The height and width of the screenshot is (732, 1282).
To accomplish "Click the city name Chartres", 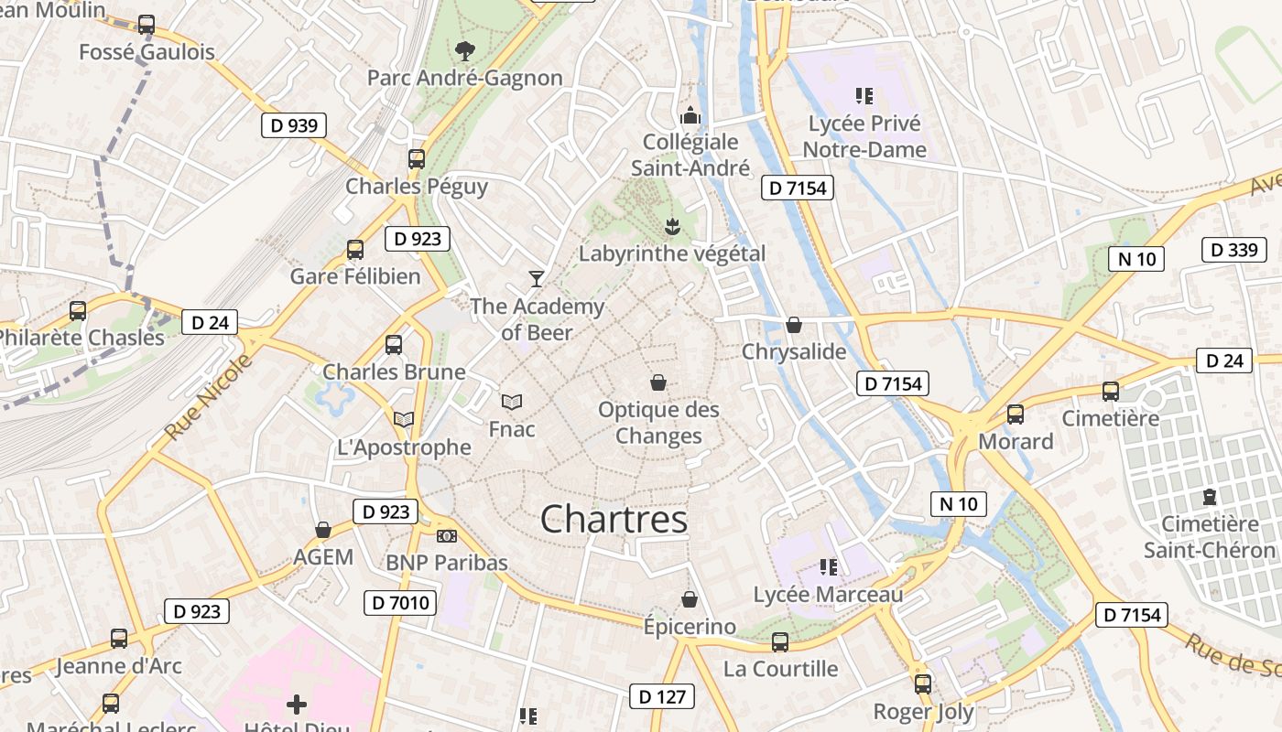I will tap(614, 520).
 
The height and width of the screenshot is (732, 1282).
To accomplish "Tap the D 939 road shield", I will tap(294, 125).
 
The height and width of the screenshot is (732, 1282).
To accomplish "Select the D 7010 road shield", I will tap(400, 603).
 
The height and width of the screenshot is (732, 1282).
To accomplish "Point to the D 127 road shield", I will tap(662, 696).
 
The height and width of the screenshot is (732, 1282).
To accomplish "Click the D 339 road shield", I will tap(1233, 250).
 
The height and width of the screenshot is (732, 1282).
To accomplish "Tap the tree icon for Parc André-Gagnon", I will tap(465, 50).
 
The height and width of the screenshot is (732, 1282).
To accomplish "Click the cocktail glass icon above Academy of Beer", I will tap(537, 278).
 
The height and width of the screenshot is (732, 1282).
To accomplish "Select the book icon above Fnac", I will tap(511, 402).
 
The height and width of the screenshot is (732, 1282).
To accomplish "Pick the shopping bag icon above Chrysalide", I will tap(794, 325).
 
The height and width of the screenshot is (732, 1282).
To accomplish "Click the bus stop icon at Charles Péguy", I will tap(417, 158).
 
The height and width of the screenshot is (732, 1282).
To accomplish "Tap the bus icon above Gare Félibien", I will tap(355, 249).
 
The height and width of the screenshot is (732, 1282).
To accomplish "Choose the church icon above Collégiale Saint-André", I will tap(690, 115).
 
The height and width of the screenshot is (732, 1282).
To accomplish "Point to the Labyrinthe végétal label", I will tap(672, 253).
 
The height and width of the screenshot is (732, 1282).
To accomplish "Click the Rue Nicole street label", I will tap(210, 395).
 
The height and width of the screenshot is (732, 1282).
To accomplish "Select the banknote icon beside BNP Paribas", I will tap(446, 536).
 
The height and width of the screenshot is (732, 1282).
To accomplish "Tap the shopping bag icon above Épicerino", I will tap(690, 599).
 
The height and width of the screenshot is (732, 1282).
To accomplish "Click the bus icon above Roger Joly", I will tap(923, 684).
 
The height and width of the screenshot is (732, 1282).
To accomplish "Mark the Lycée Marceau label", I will tap(828, 595).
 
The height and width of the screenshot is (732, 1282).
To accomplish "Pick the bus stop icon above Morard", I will tap(1016, 414).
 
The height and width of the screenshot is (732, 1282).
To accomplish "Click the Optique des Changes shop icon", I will tap(657, 382).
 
